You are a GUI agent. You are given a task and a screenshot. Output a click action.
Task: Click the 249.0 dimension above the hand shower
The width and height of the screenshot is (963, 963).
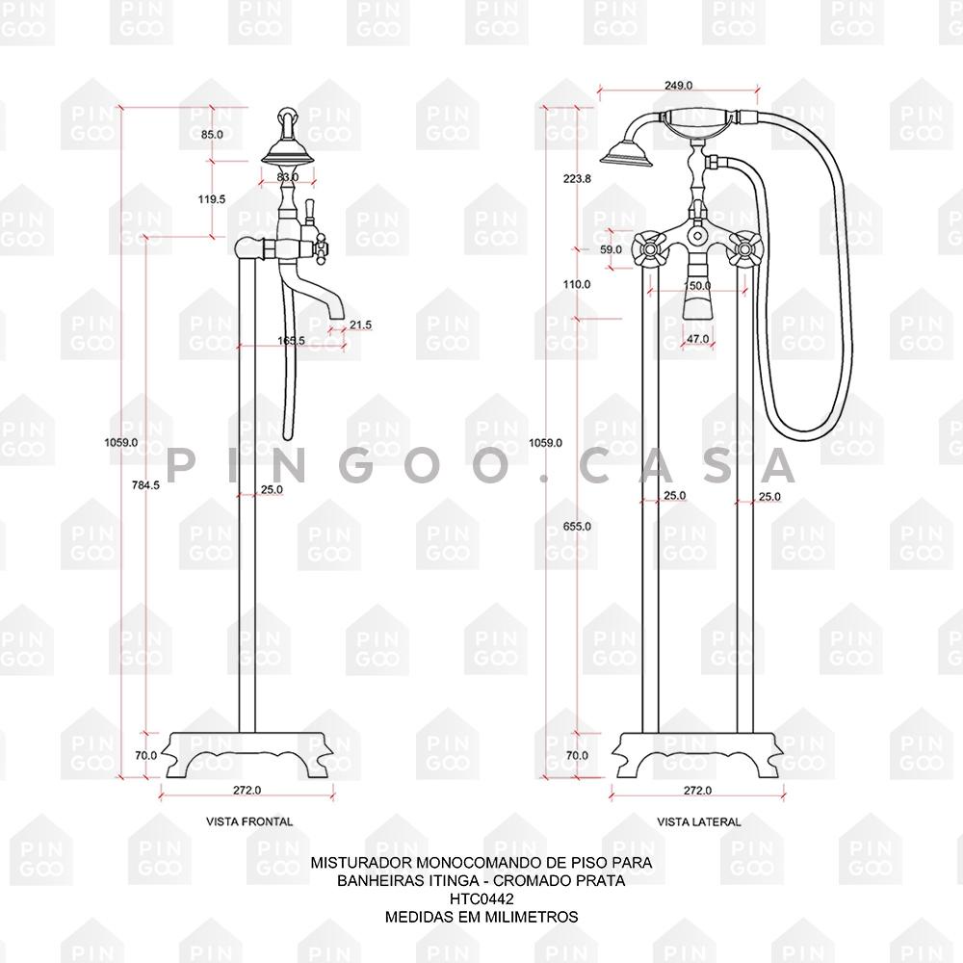tap(679, 86)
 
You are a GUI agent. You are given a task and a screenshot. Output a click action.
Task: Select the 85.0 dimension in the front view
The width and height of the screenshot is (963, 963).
tap(212, 135)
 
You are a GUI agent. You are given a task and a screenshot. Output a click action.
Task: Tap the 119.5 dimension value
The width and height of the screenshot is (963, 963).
tap(212, 199)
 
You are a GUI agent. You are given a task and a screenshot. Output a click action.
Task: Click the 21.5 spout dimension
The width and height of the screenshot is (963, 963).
tap(360, 325)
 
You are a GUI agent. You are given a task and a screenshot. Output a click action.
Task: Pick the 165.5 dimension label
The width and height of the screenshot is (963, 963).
tap(291, 340)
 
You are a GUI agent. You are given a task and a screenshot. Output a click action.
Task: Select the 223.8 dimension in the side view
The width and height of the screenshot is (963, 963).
tap(577, 179)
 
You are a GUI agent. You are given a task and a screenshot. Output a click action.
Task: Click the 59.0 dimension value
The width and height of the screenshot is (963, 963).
tap(611, 250)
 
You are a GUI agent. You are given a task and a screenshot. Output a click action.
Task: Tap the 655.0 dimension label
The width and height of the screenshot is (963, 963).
tap(577, 527)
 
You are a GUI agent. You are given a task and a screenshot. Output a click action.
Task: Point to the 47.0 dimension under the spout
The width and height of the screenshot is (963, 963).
tap(697, 339)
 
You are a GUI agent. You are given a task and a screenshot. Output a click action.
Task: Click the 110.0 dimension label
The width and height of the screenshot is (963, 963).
tap(577, 284)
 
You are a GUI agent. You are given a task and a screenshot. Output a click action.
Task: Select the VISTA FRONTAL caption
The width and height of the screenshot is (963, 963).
tap(249, 821)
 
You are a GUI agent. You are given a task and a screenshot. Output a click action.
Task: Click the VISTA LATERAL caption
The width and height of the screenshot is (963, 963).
tap(699, 821)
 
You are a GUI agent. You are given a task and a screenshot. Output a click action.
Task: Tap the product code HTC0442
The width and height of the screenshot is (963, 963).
tap(481, 898)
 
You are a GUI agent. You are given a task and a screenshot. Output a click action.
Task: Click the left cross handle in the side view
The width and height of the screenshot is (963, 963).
tap(649, 248)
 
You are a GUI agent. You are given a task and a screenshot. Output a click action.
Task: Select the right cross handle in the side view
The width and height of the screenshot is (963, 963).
tap(745, 248)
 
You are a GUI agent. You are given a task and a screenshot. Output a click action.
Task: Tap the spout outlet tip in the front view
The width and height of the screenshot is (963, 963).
tap(336, 318)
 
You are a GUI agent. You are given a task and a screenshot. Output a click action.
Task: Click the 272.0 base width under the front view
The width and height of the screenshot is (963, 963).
tap(247, 791)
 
